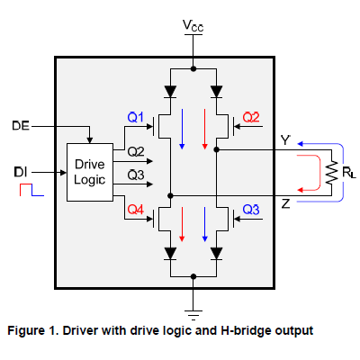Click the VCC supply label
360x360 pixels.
tap(193, 26)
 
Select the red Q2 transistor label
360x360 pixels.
tap(251, 117)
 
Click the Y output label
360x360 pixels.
tap(283, 141)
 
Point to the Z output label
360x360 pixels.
tap(283, 204)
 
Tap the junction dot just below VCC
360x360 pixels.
tap(193, 68)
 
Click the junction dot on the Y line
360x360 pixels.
tap(217, 150)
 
